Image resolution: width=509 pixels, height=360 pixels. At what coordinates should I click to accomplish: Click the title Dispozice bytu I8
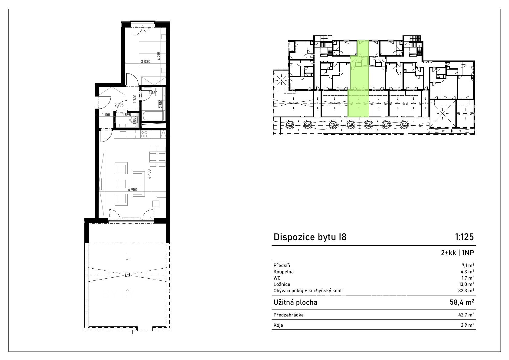[310, 237]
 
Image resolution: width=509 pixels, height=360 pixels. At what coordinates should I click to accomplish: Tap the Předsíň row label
[282, 265]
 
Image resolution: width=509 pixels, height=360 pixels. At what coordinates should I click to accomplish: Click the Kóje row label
[278, 325]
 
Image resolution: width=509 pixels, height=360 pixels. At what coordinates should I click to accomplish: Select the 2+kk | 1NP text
[457, 253]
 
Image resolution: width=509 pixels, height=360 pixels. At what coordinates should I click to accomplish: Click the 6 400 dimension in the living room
[149, 174]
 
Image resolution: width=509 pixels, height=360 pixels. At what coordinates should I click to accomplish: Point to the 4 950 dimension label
[133, 190]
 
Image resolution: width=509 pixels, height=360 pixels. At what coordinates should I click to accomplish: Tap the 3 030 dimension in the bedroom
[146, 61]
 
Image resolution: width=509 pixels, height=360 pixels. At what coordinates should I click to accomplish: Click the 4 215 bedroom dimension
[159, 56]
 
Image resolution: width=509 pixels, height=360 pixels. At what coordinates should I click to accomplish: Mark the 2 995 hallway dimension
[119, 105]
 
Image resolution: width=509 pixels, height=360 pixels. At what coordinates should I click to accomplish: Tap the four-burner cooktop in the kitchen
[144, 134]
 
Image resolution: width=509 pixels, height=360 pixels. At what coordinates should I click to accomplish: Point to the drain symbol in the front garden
[127, 275]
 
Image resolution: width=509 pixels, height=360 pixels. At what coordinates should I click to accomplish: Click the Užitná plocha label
[295, 302]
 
